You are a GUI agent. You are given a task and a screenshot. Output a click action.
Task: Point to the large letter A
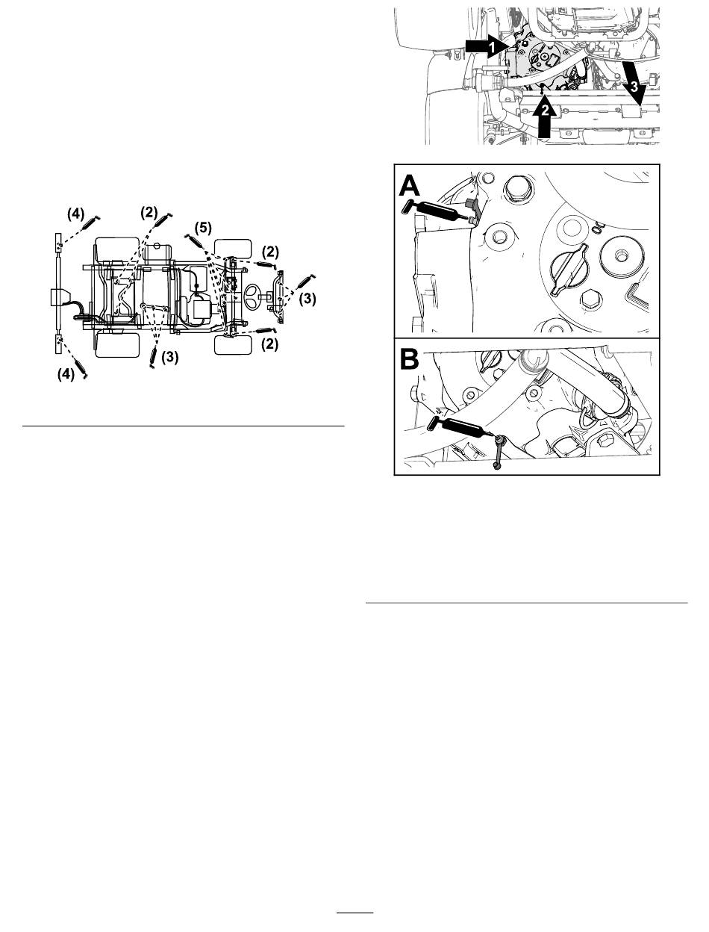[x=410, y=186]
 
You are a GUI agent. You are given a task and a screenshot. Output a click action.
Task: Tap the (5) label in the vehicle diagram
[x=203, y=229]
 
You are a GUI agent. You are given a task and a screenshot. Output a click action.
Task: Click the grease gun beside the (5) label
[x=193, y=240]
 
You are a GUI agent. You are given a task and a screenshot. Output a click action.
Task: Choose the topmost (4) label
[x=76, y=214]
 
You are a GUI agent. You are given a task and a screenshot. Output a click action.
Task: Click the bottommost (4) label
[x=66, y=374]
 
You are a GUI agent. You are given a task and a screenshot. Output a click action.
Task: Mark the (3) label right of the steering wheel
[x=307, y=299]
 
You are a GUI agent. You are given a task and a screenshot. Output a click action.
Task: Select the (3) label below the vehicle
[x=169, y=357]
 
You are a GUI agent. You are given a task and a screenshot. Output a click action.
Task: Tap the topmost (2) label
[x=149, y=212]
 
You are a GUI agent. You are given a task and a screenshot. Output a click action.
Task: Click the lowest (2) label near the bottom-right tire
[x=270, y=344]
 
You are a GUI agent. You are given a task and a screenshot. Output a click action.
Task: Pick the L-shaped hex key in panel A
[x=637, y=296]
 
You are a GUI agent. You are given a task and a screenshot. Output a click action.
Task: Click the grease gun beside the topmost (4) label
[x=90, y=222]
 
